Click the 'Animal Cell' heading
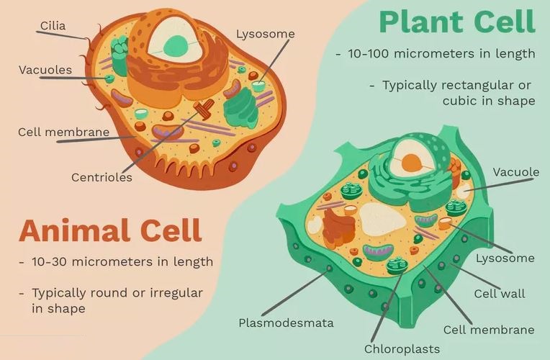point(110,231)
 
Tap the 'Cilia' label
point(53,26)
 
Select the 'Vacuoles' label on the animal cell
point(45,70)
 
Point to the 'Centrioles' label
point(102,176)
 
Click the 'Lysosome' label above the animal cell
point(265,34)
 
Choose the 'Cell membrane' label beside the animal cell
point(64,132)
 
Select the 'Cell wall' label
point(499,293)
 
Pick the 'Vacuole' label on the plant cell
point(515,172)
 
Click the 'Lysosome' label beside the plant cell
point(505,258)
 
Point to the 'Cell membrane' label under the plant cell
point(489,330)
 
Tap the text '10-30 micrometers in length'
point(122,261)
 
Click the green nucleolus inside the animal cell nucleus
point(173,47)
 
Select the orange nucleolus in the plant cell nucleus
point(411,163)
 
